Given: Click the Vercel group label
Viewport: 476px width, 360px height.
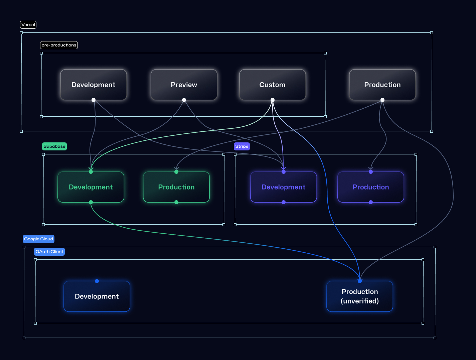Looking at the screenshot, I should pyautogui.click(x=28, y=25).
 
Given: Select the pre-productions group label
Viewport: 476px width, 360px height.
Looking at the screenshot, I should pyautogui.click(x=59, y=45).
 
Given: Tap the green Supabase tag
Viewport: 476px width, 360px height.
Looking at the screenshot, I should pyautogui.click(x=54, y=146).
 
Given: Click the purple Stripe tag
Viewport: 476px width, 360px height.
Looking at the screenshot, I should pyautogui.click(x=242, y=146).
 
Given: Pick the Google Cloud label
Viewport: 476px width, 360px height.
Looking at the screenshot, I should pyautogui.click(x=38, y=239).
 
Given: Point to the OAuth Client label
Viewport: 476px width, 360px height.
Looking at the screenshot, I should pyautogui.click(x=49, y=252).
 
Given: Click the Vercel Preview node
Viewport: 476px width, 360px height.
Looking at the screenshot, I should pyautogui.click(x=184, y=85).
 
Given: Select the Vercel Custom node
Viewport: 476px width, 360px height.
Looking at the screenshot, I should pyautogui.click(x=272, y=85).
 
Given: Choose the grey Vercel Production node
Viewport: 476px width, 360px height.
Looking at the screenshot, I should pyautogui.click(x=382, y=85).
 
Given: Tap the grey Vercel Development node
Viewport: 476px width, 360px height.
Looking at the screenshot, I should pyautogui.click(x=93, y=85).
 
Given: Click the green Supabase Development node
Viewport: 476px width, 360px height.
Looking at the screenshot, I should pyautogui.click(x=91, y=187).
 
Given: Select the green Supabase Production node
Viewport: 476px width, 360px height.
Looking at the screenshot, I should pyautogui.click(x=176, y=187).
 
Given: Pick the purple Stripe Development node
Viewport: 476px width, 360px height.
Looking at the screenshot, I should pyautogui.click(x=283, y=187).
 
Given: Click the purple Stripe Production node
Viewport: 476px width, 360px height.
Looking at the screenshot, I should pyautogui.click(x=370, y=187).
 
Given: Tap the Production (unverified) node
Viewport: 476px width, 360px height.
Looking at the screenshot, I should pyautogui.click(x=359, y=296).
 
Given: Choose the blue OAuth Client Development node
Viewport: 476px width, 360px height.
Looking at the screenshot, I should pyautogui.click(x=97, y=296).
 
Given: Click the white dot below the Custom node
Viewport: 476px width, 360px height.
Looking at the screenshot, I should pyautogui.click(x=273, y=100).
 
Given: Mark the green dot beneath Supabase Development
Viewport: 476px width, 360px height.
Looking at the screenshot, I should pyautogui.click(x=91, y=202).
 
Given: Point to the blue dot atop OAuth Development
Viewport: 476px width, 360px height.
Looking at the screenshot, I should pyautogui.click(x=97, y=281).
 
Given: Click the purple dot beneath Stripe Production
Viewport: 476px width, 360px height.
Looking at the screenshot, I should pyautogui.click(x=371, y=202).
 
